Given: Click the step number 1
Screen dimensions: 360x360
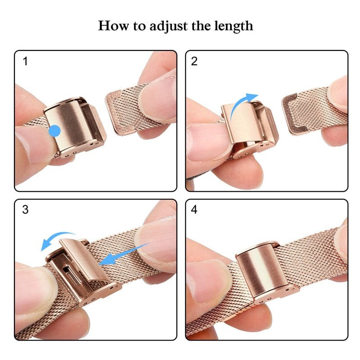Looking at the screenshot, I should point(25,61).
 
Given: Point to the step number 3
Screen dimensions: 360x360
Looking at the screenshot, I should point(25,210).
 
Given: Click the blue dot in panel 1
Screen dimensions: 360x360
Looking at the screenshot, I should point(54,131).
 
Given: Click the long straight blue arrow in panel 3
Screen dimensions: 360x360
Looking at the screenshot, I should point(123,254).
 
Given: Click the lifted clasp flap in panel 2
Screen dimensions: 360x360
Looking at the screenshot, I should point(243,121).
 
